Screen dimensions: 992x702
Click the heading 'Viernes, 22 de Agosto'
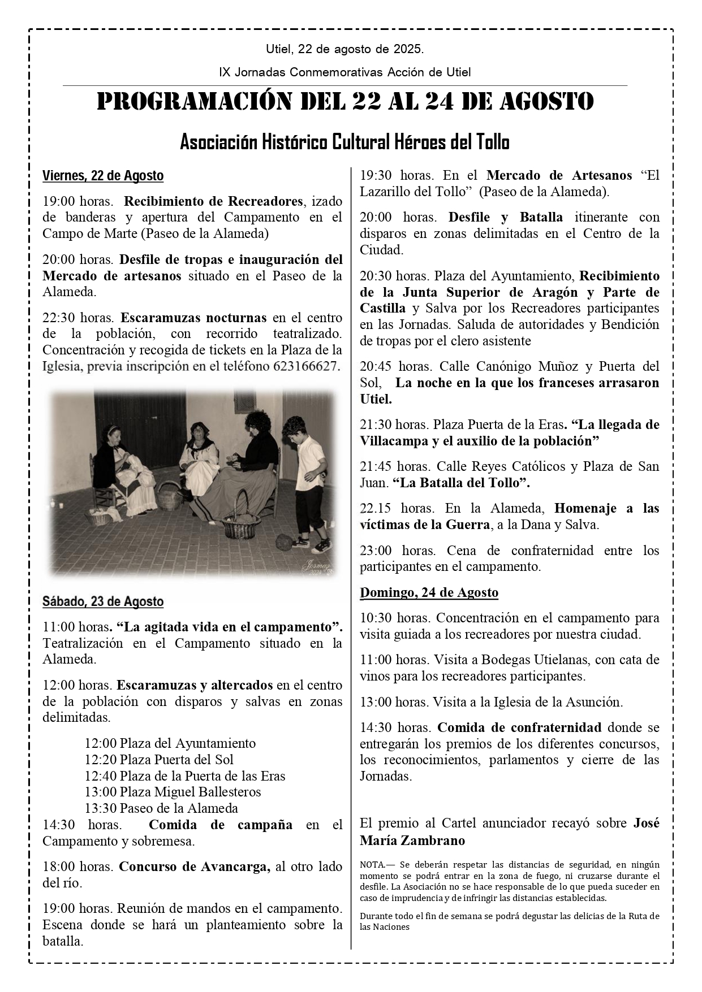tap(103, 176)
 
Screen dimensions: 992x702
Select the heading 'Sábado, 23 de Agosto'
tap(103, 601)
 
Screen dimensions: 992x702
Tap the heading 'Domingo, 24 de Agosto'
tap(429, 592)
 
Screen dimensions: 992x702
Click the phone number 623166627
tap(305, 366)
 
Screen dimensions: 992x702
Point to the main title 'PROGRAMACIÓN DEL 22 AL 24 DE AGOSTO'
tap(345, 102)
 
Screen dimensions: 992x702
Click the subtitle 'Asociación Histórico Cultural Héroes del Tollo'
tap(344, 142)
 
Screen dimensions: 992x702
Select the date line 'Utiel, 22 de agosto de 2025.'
tap(344, 50)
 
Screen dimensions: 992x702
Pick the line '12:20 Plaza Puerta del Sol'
tap(159, 759)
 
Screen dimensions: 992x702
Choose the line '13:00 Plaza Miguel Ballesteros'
tap(173, 791)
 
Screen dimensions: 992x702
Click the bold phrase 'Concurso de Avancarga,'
tap(195, 867)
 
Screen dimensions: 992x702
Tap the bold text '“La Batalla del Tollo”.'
tap(460, 483)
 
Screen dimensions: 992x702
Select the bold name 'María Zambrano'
tap(412, 840)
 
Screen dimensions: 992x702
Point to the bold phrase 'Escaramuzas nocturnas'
tap(193, 317)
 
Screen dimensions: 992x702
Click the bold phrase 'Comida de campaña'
tap(221, 825)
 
